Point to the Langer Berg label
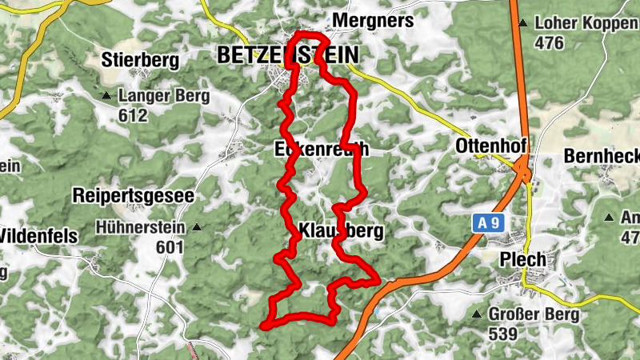[163, 97]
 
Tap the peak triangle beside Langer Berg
[106, 97]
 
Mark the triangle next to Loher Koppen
[522, 23]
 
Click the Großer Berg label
[534, 314]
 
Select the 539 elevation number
[503, 334]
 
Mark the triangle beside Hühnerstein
[197, 228]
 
